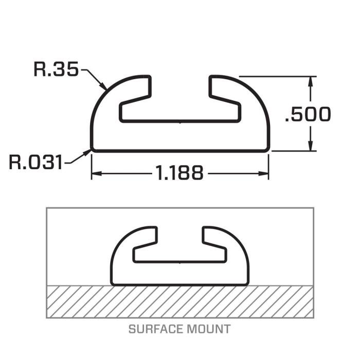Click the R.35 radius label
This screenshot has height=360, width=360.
pos(56,69)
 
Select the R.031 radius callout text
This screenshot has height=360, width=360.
pos(36,163)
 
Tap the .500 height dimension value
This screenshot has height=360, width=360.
pos(308,114)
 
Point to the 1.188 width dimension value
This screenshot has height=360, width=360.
pos(179,173)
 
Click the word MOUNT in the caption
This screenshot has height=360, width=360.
pos(211,329)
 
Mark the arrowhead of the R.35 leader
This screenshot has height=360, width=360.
pos(105,88)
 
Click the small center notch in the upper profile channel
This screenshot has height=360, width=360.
pos(179,122)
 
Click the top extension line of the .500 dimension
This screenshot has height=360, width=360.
pos(278,77)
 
